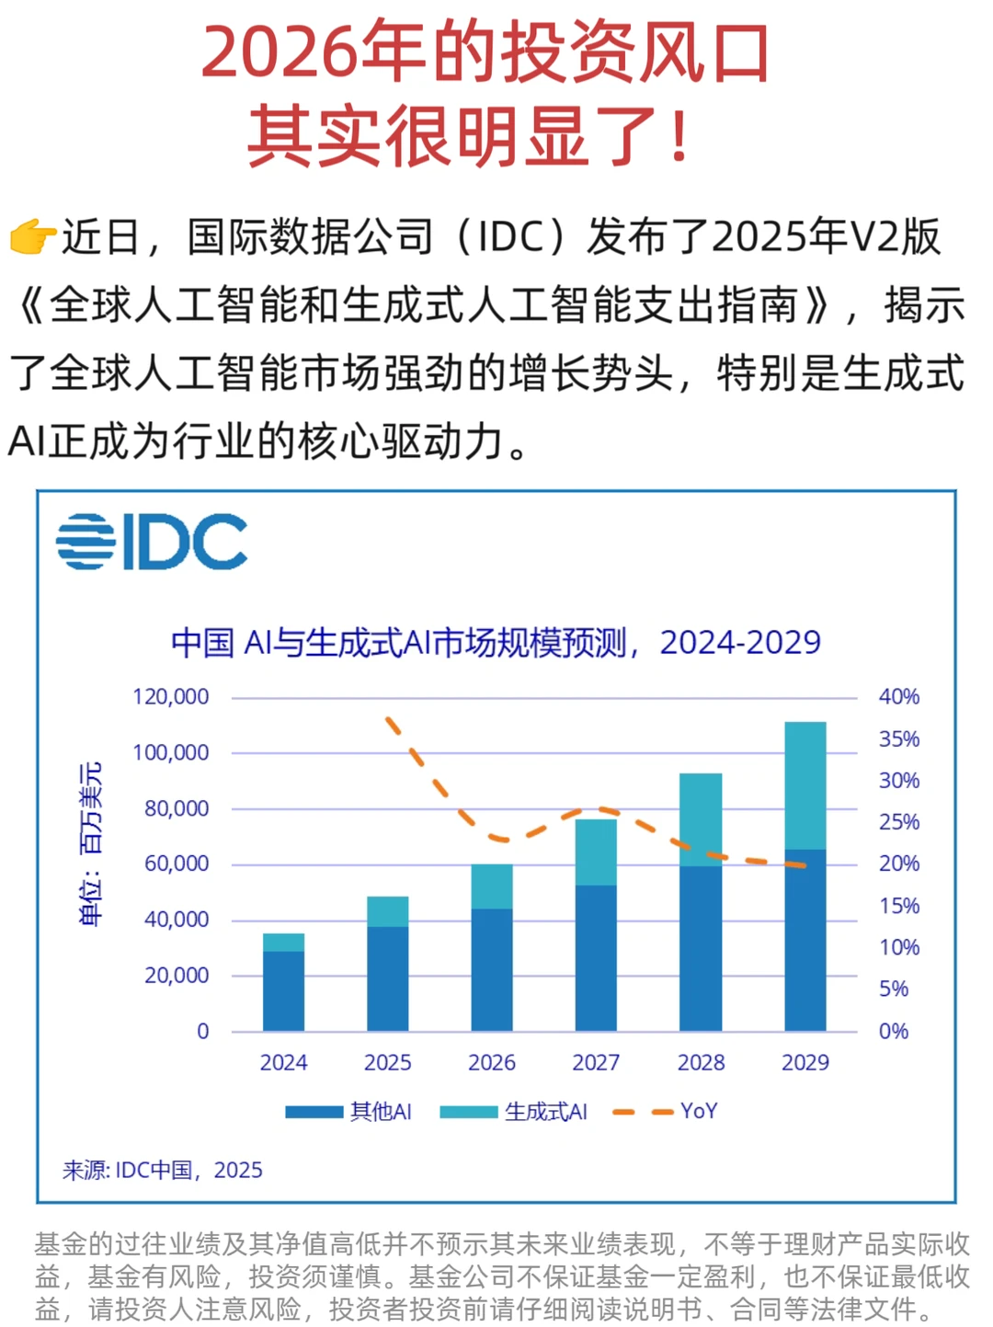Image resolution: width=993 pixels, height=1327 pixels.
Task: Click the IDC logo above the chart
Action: [x=152, y=542]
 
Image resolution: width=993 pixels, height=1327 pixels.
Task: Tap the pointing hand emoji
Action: [x=32, y=237]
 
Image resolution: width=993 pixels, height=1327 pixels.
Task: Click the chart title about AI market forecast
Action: [x=496, y=642]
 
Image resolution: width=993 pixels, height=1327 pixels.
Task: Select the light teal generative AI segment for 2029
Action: [x=805, y=785]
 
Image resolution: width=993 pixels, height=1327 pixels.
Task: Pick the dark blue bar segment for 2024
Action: [x=283, y=990]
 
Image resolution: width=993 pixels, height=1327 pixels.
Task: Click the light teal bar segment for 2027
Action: [x=596, y=852]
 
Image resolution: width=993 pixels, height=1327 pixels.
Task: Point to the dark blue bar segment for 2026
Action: [x=492, y=969]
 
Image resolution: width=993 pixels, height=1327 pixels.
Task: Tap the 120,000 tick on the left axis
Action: [x=171, y=697]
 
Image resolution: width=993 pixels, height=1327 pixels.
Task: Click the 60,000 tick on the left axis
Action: [x=177, y=864]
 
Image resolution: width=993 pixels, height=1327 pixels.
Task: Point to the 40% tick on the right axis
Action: [x=898, y=697]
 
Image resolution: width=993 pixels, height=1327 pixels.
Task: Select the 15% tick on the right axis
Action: [x=898, y=906]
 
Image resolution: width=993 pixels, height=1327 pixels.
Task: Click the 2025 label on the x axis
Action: [x=387, y=1063]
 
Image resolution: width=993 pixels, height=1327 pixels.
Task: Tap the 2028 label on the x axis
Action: [x=701, y=1063]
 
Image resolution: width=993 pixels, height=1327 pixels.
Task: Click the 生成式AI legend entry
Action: [x=514, y=1112]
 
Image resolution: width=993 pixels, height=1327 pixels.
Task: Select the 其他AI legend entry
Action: [x=349, y=1112]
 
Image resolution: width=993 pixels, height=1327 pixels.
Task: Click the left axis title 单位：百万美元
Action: [x=91, y=844]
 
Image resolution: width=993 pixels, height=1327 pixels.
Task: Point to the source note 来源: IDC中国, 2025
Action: [x=163, y=1170]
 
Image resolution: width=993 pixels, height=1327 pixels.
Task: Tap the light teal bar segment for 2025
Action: [x=387, y=911]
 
